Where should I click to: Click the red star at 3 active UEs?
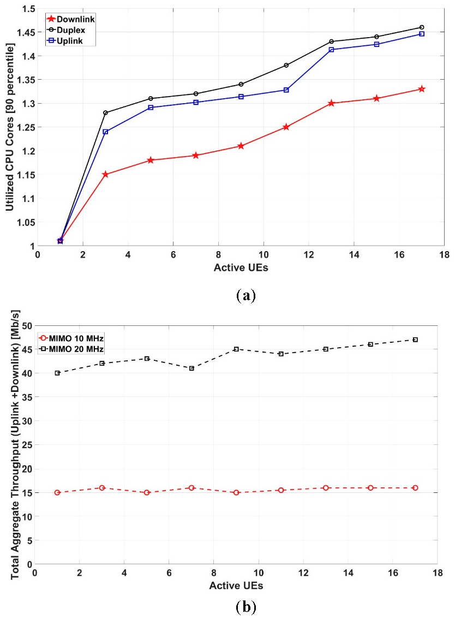click(105, 174)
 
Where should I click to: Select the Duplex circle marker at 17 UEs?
click(422, 27)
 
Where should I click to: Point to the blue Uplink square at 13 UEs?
click(332, 50)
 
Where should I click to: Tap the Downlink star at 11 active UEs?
click(286, 127)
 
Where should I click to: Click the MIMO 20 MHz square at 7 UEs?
click(191, 368)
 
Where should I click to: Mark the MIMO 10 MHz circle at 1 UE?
click(57, 492)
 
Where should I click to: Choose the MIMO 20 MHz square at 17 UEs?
click(415, 340)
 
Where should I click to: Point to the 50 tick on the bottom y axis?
click(25, 326)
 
